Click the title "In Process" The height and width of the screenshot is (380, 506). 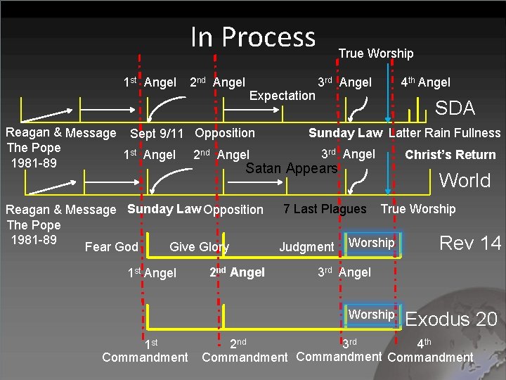[253, 37]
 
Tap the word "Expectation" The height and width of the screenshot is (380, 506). [283, 95]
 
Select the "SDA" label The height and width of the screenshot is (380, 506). [455, 108]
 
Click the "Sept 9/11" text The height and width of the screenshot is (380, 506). [157, 133]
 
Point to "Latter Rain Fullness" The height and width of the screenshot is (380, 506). [445, 133]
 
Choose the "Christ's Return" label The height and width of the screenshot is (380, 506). [450, 155]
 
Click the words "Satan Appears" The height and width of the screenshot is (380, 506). [292, 168]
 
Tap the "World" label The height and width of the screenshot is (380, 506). [465, 180]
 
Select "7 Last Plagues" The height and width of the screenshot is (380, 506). [325, 209]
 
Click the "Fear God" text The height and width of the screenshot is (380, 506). [111, 246]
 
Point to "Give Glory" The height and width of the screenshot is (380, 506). [199, 246]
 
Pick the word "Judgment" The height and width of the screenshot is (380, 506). [306, 246]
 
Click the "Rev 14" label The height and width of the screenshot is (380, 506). [470, 243]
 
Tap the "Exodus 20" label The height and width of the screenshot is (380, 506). [452, 319]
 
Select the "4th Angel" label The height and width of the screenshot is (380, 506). [425, 82]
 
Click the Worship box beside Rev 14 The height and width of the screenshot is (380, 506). [372, 243]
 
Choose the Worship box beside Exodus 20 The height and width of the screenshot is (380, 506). [372, 315]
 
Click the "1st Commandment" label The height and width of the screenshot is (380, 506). [145, 350]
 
